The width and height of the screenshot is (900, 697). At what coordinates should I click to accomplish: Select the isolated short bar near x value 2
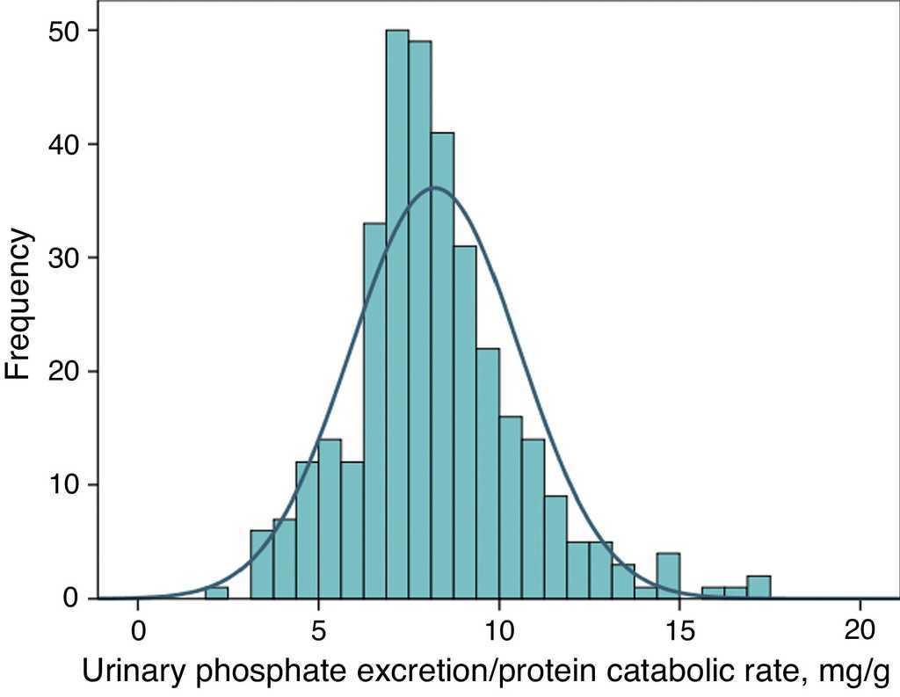216,592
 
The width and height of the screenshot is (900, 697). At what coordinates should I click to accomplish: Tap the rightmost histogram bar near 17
759,587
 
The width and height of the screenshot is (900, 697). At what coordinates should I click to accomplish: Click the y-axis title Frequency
19,304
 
